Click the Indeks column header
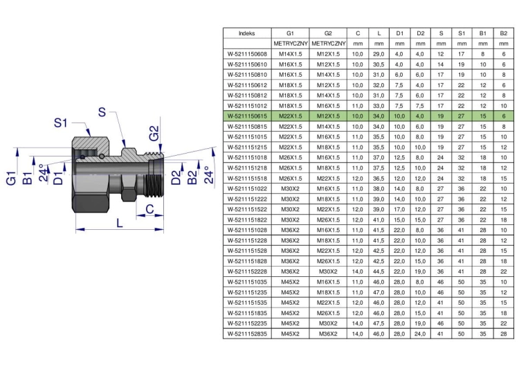(247, 33)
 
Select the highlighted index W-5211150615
(247, 116)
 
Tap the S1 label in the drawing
(61, 123)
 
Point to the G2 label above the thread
(154, 133)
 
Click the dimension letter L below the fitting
(120, 223)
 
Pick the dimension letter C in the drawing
(149, 209)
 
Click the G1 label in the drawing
(11, 178)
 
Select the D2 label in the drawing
(176, 177)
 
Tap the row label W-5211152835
(247, 334)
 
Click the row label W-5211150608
(247, 54)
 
